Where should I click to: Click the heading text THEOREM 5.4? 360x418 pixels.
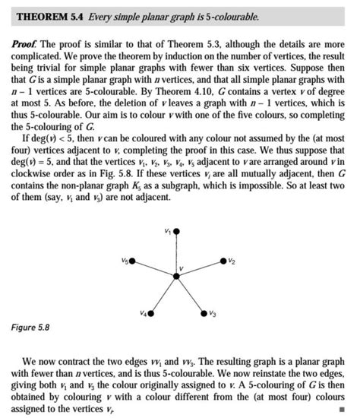pos(51,17)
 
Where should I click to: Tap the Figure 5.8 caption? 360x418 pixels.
pos(31,328)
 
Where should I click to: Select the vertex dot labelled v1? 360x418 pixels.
pos(177,230)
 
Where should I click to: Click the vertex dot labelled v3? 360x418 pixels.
pos(204,312)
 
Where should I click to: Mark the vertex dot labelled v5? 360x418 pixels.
pos(133,261)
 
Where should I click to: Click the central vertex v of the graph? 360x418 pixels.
pos(177,276)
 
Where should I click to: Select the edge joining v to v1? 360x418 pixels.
pos(177,253)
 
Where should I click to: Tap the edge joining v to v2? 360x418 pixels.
pos(199,269)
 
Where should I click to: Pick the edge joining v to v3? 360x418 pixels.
pos(190,294)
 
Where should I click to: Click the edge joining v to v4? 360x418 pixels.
pos(164,294)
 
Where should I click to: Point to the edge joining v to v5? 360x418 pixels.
pos(155,269)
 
